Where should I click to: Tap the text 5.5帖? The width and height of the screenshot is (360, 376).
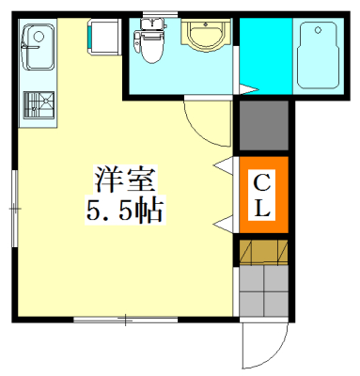click(x=123, y=209)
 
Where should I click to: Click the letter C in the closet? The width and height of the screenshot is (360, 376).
click(x=262, y=181)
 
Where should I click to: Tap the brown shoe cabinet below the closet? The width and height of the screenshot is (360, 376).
click(x=262, y=252)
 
